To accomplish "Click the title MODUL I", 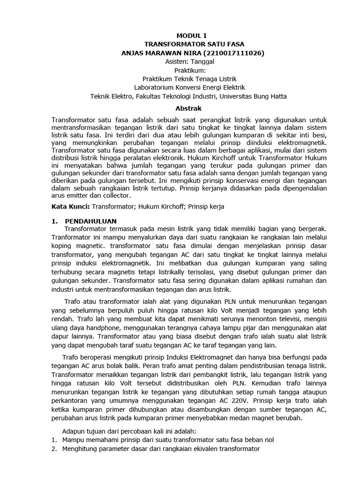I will (x=190, y=35).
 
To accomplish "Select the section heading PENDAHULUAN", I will (x=90, y=220).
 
